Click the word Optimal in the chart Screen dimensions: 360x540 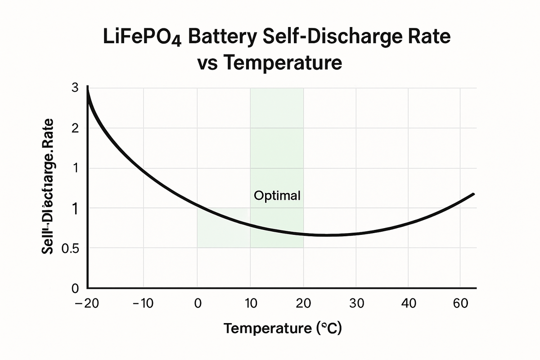pos(277,196)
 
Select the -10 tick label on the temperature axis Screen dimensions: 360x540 pos(143,304)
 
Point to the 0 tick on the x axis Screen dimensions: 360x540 pos(198,304)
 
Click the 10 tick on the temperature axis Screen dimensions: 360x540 pos(250,304)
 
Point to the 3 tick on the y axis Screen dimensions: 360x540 pos(75,88)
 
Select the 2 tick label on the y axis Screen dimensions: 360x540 pos(75,129)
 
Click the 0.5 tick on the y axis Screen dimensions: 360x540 pos(71,248)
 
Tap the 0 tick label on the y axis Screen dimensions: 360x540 pos(75,288)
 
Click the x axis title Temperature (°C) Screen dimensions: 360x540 pos(283,328)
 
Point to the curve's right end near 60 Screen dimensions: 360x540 pos(473,194)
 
